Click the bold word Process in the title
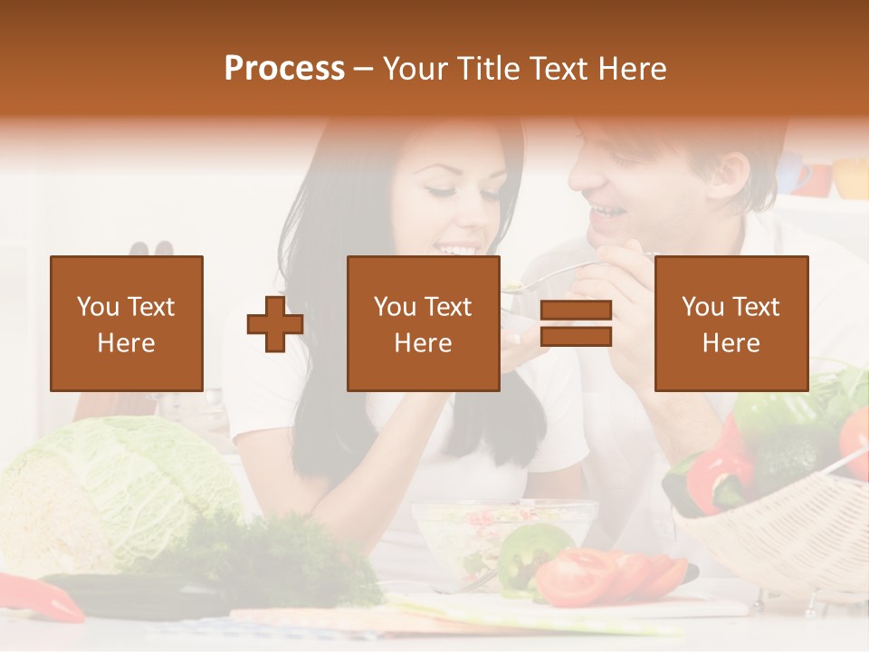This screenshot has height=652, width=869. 284,69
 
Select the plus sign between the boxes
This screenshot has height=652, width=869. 275,324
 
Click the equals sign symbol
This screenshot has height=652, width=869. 576,324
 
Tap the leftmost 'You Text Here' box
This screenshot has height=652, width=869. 127,323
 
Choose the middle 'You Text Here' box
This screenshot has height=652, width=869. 423,323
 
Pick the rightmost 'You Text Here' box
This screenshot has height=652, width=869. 731,323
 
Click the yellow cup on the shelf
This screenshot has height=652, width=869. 850,177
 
